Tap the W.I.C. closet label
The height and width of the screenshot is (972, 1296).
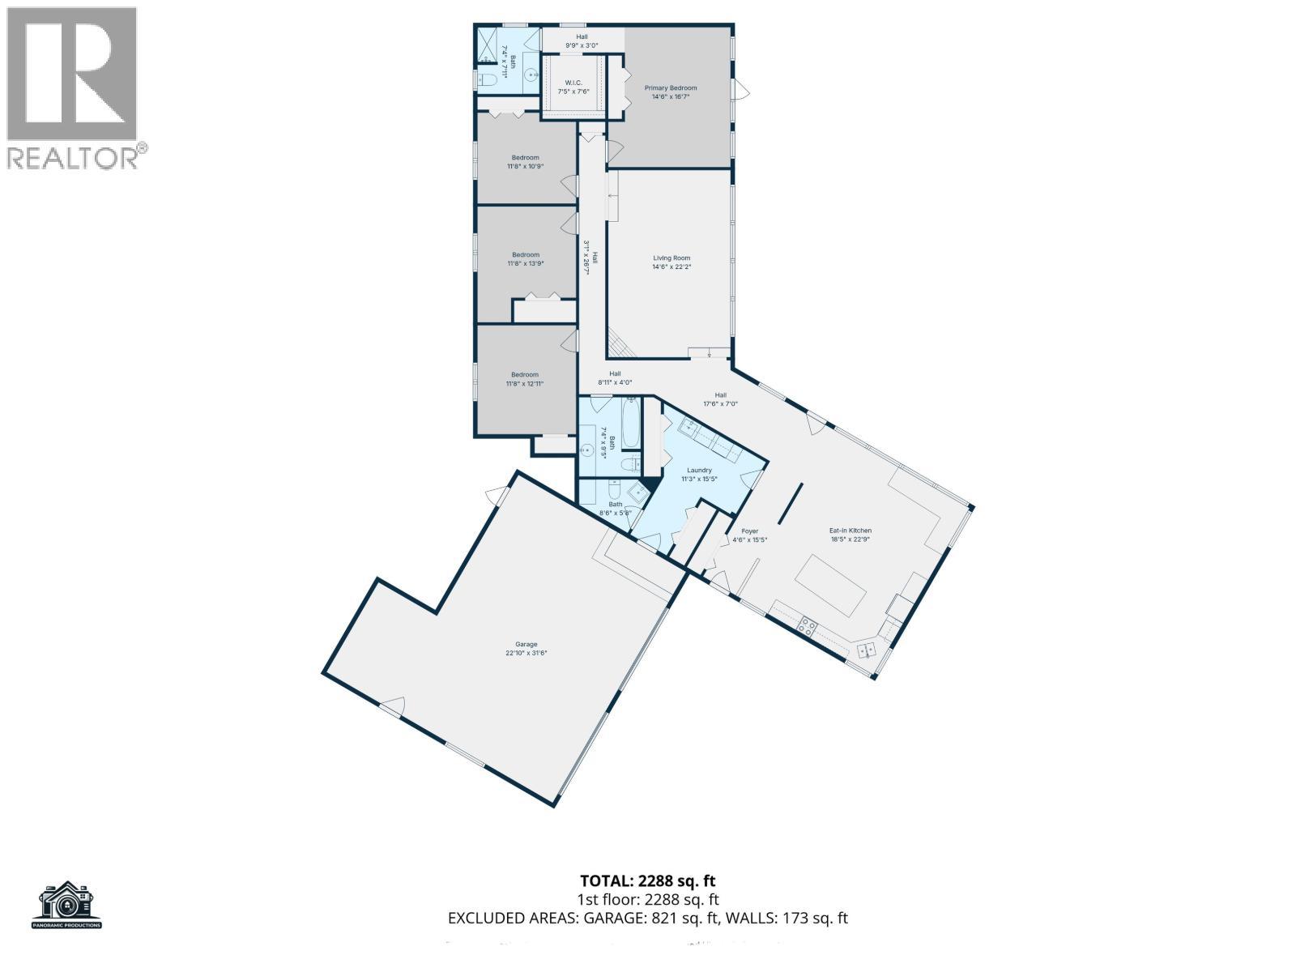[573, 87]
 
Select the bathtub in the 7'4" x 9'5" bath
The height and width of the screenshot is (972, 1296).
[630, 424]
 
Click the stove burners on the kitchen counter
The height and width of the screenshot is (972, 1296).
[808, 625]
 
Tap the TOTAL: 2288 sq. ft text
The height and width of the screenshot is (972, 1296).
[647, 880]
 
